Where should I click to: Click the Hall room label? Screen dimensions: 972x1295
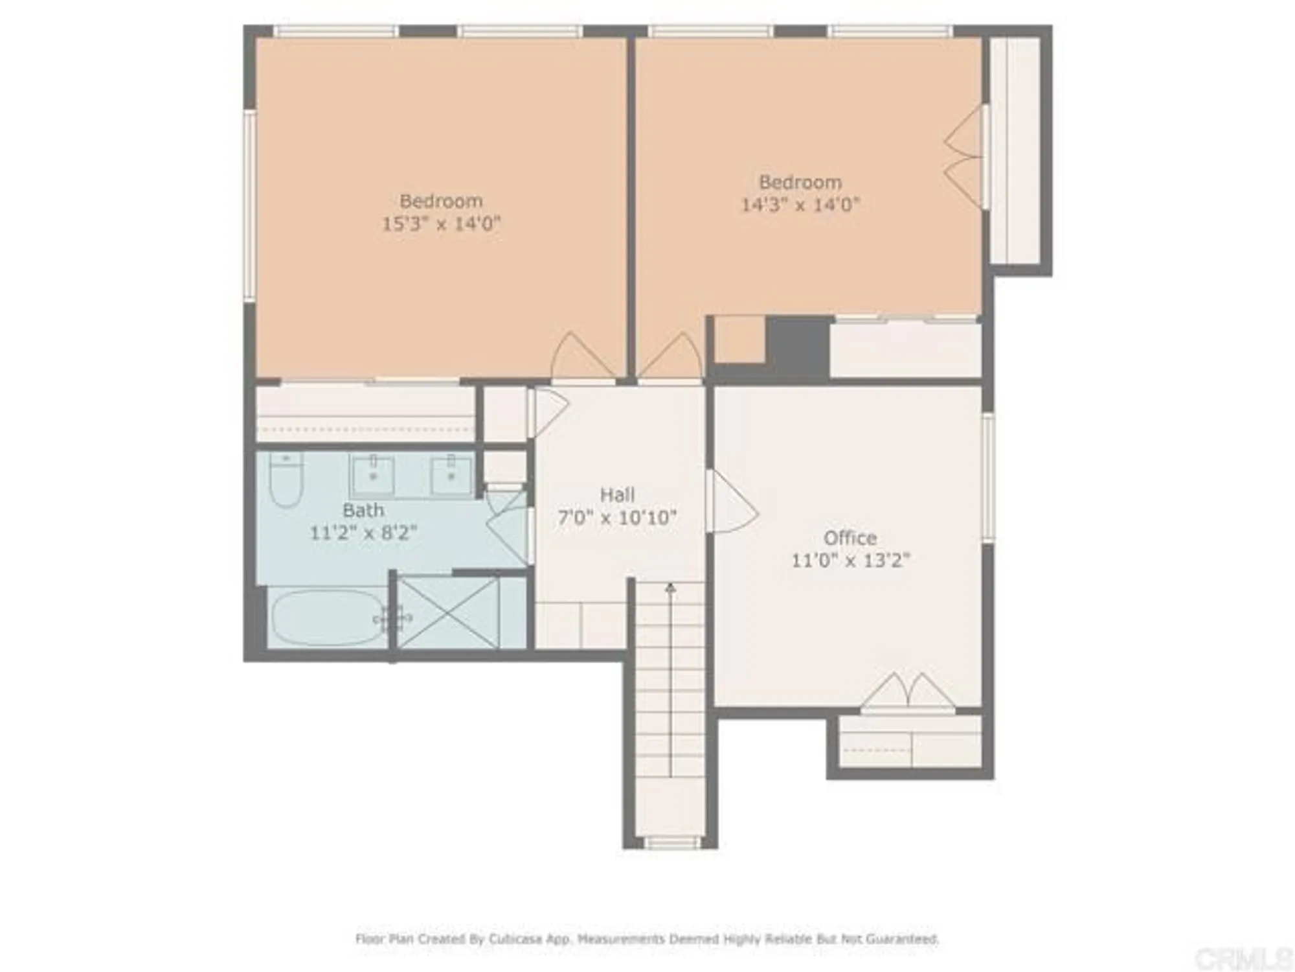[616, 495]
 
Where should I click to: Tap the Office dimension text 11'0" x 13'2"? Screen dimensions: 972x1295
[850, 560]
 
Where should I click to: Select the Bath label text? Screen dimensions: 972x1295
[363, 511]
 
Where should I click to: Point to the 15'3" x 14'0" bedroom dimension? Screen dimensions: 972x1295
[441, 224]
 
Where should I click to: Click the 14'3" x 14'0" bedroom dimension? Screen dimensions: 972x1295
[800, 205]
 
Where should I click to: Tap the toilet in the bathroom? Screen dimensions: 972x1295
[286, 482]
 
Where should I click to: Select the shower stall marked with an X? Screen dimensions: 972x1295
[448, 612]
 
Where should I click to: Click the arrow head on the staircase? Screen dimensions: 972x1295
[671, 588]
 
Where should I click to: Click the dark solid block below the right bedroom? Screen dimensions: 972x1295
[798, 347]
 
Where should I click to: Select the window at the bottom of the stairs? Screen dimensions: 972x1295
[671, 842]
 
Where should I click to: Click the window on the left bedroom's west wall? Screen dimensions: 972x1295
[249, 205]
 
